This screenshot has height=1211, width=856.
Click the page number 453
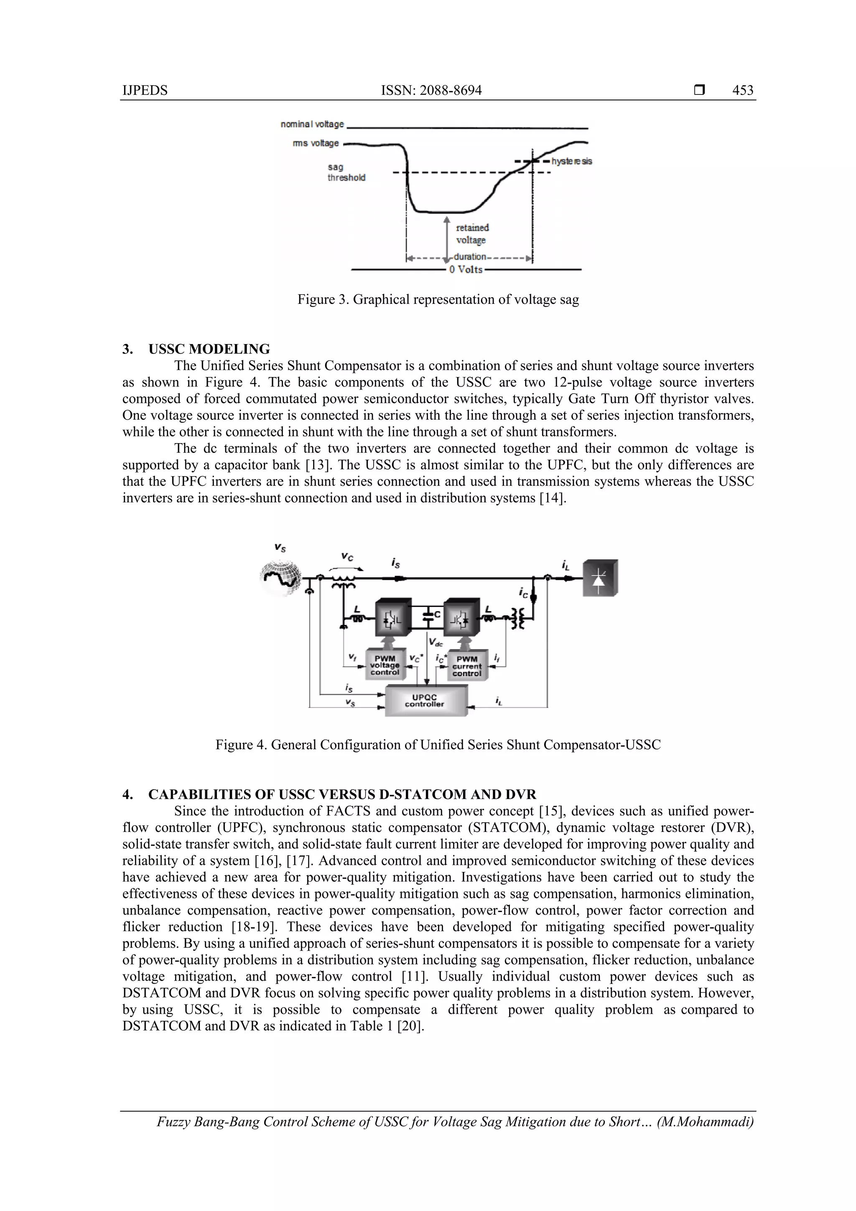[x=743, y=90]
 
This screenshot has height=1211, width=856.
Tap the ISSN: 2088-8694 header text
[x=431, y=90]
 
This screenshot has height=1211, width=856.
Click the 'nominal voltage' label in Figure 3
[x=312, y=124]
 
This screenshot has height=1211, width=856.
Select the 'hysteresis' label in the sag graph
[x=572, y=161]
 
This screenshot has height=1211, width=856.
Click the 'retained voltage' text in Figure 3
[x=472, y=234]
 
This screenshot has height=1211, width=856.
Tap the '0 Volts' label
[x=465, y=270]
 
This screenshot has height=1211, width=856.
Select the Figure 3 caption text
[x=438, y=300]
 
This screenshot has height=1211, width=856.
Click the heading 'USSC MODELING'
[x=209, y=349]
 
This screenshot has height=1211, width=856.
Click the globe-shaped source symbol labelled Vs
[x=282, y=579]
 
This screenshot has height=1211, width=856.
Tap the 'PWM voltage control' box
[x=385, y=665]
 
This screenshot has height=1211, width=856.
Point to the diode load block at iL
[x=600, y=579]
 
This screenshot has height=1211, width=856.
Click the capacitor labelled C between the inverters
[x=430, y=615]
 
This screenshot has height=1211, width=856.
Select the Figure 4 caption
[x=438, y=745]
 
